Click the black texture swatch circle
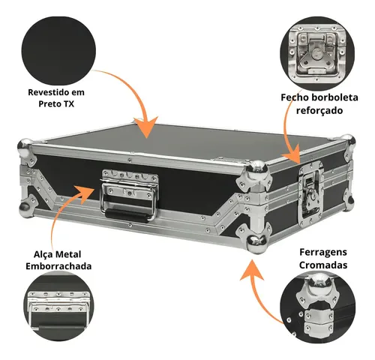click(x=57, y=47)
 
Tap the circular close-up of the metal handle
click(x=57, y=307)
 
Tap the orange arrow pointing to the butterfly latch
click(x=295, y=142)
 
